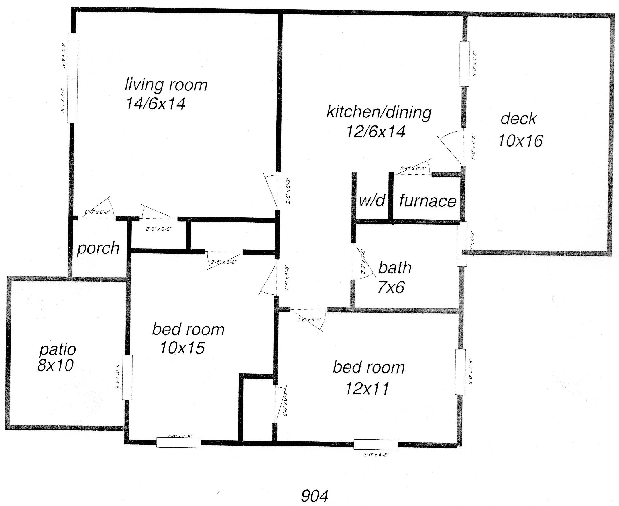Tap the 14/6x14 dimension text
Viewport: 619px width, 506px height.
point(155,104)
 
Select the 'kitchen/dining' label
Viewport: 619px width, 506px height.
point(379,113)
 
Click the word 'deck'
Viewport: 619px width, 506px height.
point(518,119)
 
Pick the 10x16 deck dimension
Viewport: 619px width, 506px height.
point(520,141)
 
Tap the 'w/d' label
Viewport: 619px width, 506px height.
point(372,200)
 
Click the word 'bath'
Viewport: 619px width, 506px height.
point(395,268)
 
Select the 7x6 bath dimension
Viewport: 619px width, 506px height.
point(391,287)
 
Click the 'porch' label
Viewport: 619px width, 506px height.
point(98,248)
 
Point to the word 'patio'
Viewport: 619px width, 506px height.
point(58,349)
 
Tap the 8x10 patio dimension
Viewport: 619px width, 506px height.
point(55,365)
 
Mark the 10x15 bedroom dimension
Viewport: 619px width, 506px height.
point(182,348)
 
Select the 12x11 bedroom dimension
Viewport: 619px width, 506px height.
point(367,389)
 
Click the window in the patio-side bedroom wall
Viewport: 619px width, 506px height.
point(127,377)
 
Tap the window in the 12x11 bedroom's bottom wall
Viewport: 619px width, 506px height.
point(376,444)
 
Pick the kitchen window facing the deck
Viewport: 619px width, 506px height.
point(464,64)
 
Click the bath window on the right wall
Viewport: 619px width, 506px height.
point(462,244)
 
